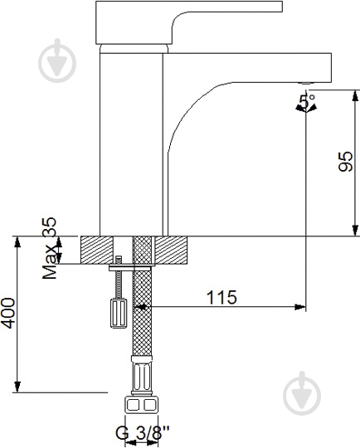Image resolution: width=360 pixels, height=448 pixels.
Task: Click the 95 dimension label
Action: click(x=345, y=162)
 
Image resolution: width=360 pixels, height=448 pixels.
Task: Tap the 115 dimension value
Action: click(x=221, y=297)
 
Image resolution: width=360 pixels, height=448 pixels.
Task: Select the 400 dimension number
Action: click(x=8, y=313)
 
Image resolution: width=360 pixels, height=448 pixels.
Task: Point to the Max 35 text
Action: click(x=50, y=248)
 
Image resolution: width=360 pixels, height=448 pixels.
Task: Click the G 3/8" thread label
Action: click(x=143, y=432)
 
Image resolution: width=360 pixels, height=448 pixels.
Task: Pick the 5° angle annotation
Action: click(x=306, y=101)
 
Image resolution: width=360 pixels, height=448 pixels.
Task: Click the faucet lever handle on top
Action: click(x=188, y=22)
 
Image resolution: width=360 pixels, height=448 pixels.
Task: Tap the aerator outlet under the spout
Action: click(x=305, y=84)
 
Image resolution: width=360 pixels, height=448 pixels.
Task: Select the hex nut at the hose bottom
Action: click(x=141, y=404)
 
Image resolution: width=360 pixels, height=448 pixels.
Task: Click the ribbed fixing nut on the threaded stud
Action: click(x=119, y=313)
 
